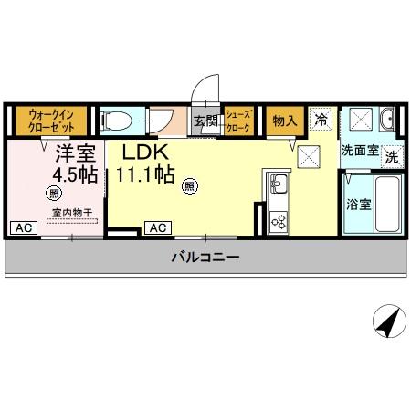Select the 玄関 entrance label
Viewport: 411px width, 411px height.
pyautogui.click(x=205, y=121)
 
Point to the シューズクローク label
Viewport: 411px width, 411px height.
pyautogui.click(x=238, y=121)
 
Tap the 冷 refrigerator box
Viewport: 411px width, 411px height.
pyautogui.click(x=321, y=119)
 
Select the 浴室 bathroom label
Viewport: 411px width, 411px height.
pyautogui.click(x=358, y=204)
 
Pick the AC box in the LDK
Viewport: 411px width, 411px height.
pyautogui.click(x=156, y=227)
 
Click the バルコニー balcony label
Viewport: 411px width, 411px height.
pyautogui.click(x=205, y=258)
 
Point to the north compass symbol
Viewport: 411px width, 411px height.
pyautogui.click(x=387, y=321)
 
